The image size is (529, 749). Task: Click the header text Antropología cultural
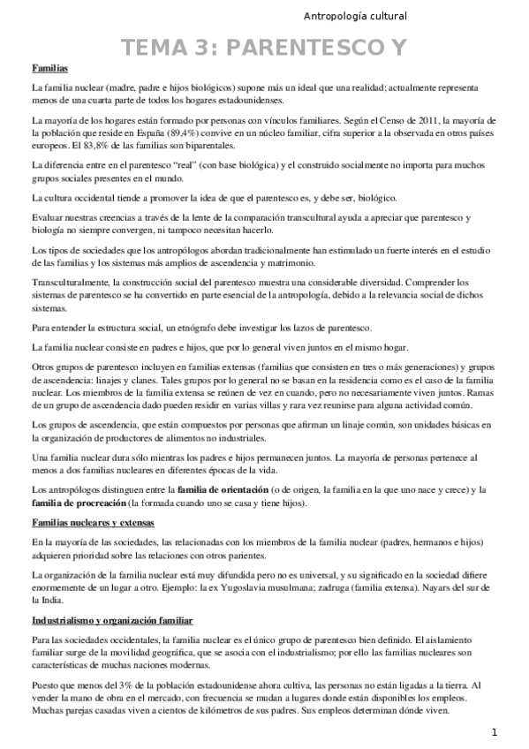tap(354, 15)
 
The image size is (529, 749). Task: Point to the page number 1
tap(495, 732)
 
